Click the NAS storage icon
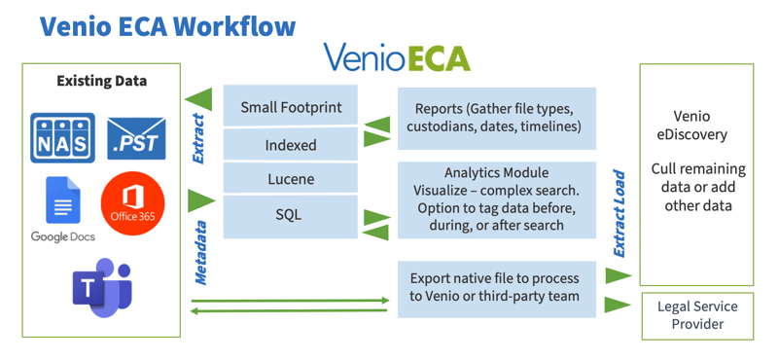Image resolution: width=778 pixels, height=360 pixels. (x=63, y=139)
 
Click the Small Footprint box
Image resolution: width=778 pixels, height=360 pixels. (x=277, y=107)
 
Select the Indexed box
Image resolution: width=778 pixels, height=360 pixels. (x=277, y=145)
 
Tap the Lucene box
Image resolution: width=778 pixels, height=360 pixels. (x=277, y=179)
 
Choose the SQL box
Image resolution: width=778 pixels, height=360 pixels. (x=277, y=214)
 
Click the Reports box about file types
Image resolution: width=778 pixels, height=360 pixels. (x=497, y=118)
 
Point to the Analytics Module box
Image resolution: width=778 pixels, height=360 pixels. (x=497, y=198)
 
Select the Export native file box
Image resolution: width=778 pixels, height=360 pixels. (x=497, y=288)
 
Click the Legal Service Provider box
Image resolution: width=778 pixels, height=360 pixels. (x=697, y=314)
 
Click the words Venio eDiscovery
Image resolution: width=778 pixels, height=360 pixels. (x=696, y=124)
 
